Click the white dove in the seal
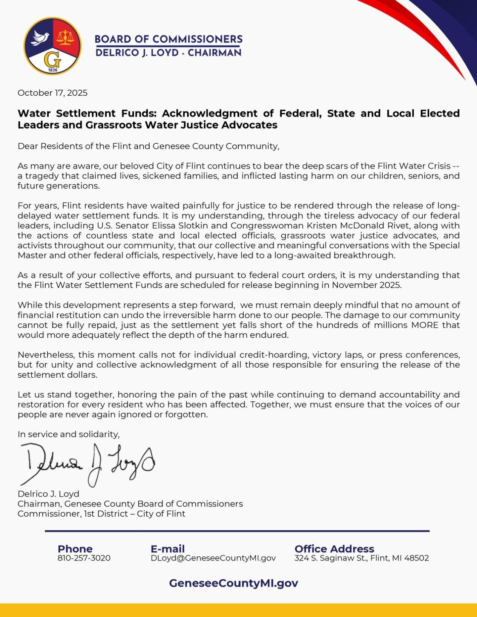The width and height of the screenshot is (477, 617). point(41,38)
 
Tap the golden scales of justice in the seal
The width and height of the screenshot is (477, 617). point(66,37)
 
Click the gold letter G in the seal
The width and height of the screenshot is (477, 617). point(52,59)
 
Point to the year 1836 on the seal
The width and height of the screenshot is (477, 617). point(53,70)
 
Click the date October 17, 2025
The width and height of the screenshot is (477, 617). point(52,93)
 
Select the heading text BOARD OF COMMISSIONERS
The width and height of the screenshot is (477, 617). point(168,39)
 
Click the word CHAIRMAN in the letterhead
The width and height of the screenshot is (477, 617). point(214,53)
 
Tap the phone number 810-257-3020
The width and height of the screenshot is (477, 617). point(84,558)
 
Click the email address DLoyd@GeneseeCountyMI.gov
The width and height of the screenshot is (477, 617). point(213,558)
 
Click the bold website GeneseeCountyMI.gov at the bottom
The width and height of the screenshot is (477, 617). point(233,583)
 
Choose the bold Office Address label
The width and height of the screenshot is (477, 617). point(334,549)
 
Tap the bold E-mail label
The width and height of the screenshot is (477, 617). point(167,549)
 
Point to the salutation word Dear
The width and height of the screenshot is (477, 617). point(28,146)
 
